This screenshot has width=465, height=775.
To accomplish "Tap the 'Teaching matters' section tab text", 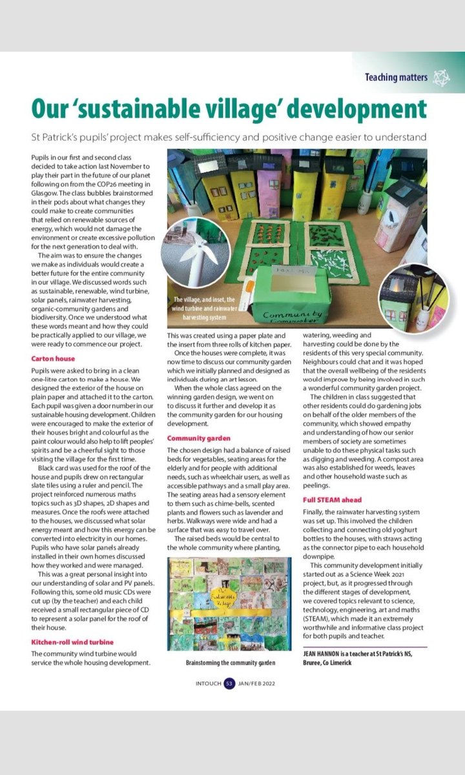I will pyautogui.click(x=396, y=77).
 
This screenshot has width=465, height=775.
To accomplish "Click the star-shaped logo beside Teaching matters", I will pyautogui.click(x=441, y=77).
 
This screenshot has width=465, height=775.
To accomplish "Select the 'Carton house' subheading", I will pyautogui.click(x=53, y=358).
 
